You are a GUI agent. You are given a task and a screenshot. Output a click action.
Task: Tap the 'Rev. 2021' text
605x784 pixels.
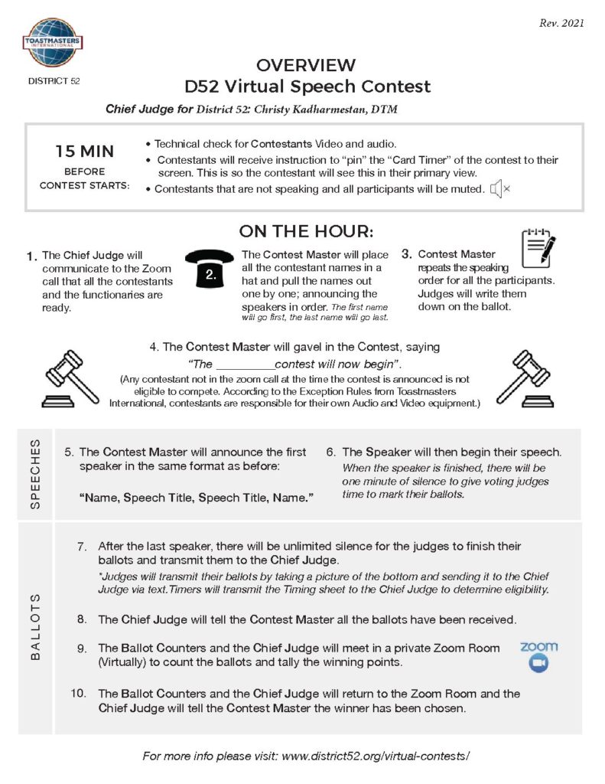coord(561,23)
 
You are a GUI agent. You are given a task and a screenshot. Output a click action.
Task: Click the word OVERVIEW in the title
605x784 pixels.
coord(306,65)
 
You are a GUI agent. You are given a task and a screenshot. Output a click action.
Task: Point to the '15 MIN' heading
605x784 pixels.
coord(85,152)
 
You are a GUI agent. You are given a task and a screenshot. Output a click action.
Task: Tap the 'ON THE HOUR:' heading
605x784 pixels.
coord(306,231)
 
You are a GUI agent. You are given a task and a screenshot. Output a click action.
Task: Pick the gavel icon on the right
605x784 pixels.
coord(524,377)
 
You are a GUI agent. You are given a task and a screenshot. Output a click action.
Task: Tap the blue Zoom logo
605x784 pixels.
coord(538,656)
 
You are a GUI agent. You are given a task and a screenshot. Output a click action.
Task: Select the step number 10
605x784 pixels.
coord(79,694)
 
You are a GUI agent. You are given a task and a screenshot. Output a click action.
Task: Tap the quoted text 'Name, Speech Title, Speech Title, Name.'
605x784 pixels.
coord(197,498)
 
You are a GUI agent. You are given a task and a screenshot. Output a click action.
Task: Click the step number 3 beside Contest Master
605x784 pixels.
coord(407,254)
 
